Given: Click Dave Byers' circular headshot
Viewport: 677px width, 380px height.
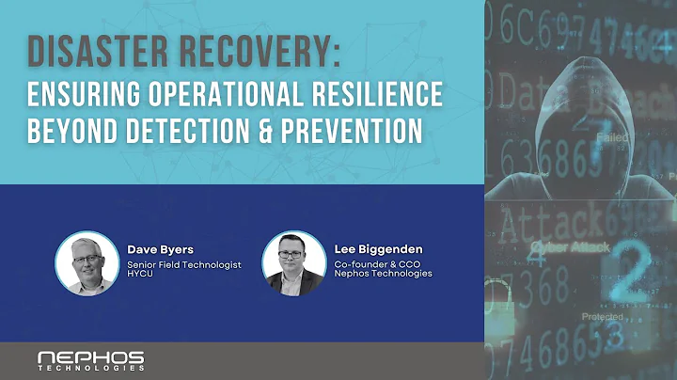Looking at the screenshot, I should (x=87, y=262).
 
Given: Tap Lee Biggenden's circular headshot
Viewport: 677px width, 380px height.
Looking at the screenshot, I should (x=293, y=262).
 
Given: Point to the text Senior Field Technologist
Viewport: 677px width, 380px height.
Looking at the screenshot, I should (x=184, y=264).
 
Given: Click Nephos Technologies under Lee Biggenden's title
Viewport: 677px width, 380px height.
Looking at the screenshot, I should (x=383, y=274).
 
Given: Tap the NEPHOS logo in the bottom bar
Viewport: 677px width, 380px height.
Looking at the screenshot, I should (x=90, y=359).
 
